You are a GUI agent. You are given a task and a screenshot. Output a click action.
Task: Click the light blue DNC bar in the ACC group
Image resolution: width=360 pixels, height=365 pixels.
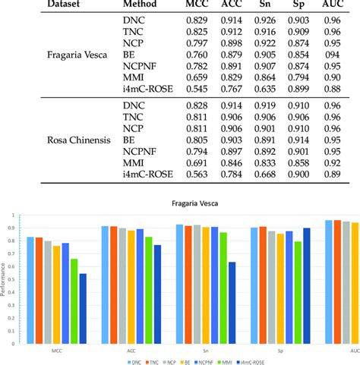pyautogui.click(x=106, y=282)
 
